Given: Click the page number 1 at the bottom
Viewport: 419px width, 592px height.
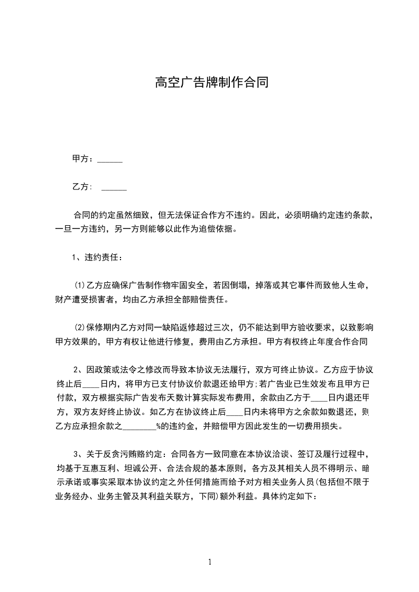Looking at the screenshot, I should [210, 562].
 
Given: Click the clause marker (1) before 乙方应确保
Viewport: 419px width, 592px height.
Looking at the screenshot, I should [79, 285].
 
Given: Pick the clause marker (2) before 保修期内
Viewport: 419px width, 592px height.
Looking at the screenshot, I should [79, 327].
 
